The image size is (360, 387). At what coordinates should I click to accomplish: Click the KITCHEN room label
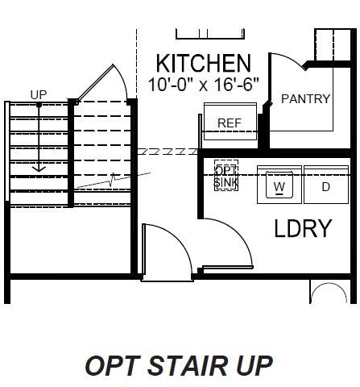click(202, 64)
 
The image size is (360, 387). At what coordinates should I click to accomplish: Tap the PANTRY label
click(305, 99)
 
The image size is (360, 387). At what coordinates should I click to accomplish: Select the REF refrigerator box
click(230, 123)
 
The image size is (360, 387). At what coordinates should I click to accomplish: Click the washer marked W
click(279, 186)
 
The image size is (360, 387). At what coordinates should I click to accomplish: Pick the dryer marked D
click(326, 186)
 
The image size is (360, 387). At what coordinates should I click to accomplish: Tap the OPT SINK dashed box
click(226, 177)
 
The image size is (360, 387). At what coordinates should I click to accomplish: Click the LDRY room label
click(303, 229)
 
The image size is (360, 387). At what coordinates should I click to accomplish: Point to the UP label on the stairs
click(39, 94)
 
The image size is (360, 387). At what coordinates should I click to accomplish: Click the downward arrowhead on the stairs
click(39, 170)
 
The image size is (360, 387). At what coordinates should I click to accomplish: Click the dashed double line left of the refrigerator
click(168, 151)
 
